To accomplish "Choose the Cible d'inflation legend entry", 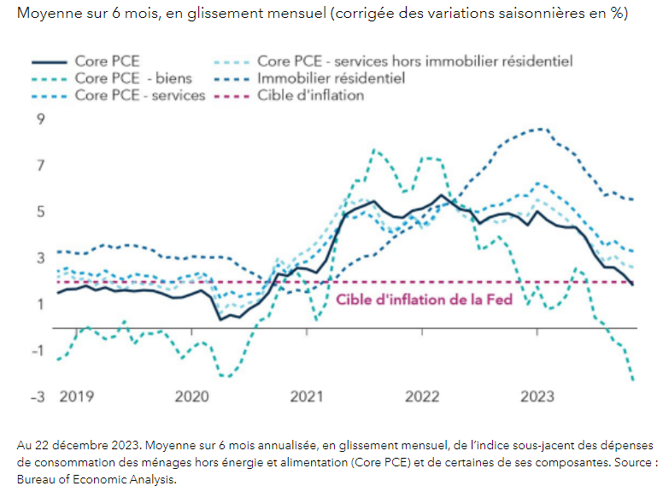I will pyautogui.click(x=310, y=95).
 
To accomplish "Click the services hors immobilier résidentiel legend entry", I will pyautogui.click(x=414, y=61).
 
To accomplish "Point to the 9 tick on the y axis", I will pyautogui.click(x=39, y=119).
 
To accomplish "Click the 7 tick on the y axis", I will pyautogui.click(x=39, y=165).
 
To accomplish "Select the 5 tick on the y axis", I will pyautogui.click(x=39, y=211).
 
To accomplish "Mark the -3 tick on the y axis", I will pyautogui.click(x=36, y=396).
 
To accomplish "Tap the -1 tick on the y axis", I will pyautogui.click(x=36, y=350).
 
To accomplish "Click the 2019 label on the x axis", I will pyautogui.click(x=76, y=396).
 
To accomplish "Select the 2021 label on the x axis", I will pyautogui.click(x=307, y=396).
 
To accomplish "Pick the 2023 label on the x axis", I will pyautogui.click(x=537, y=396).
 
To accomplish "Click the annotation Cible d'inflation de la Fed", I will pyautogui.click(x=424, y=300).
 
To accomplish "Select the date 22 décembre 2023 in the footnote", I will pyautogui.click(x=78, y=446).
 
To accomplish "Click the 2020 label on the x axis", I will pyautogui.click(x=191, y=396).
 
